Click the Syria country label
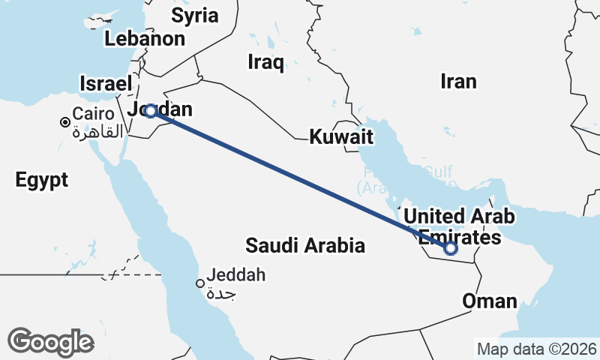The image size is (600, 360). (194, 15)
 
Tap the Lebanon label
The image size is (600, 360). (145, 39)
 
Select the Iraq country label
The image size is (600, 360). (265, 62)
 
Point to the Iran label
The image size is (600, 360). (458, 81)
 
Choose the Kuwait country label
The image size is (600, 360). (341, 137)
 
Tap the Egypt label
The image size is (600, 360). (41, 180)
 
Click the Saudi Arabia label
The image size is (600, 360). (305, 245)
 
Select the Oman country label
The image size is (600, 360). (490, 301)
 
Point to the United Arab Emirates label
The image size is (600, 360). (459, 227)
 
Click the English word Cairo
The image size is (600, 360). (93, 115)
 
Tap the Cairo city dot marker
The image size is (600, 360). (65, 122)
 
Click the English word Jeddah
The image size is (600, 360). (236, 275)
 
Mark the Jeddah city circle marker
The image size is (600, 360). (200, 283)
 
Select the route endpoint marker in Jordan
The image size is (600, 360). (151, 111)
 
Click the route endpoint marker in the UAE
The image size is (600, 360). (450, 248)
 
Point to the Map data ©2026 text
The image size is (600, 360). (537, 349)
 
